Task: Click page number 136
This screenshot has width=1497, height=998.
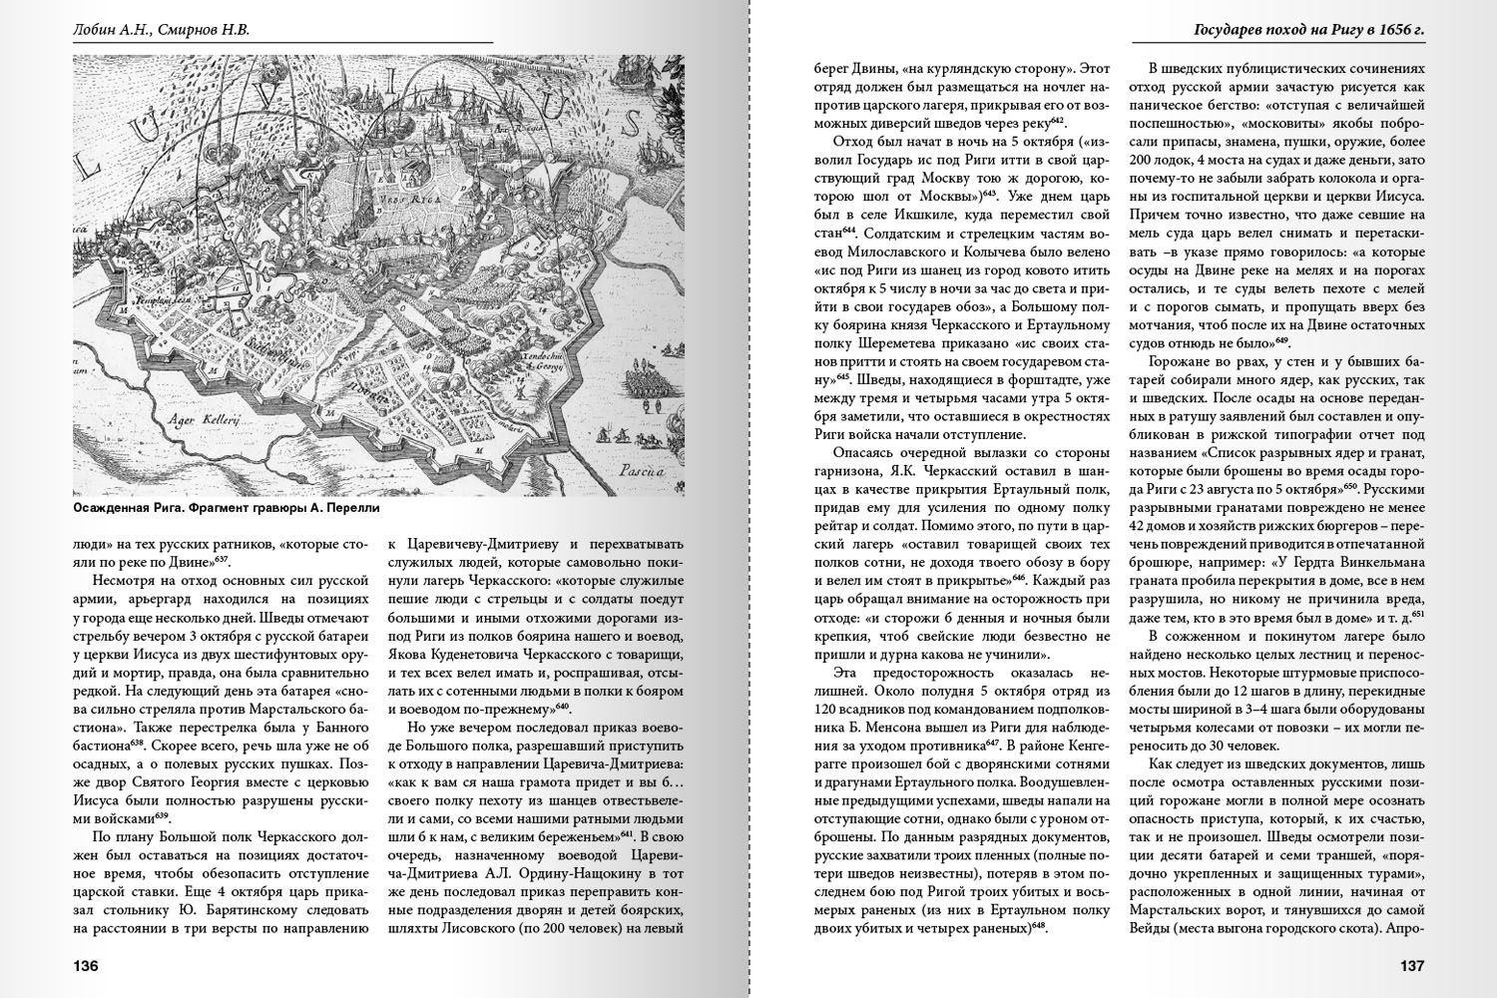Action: pos(85,966)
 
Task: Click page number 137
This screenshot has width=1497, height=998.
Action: pos(1411,966)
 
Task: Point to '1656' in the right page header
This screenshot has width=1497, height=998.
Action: pos(1370,30)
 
